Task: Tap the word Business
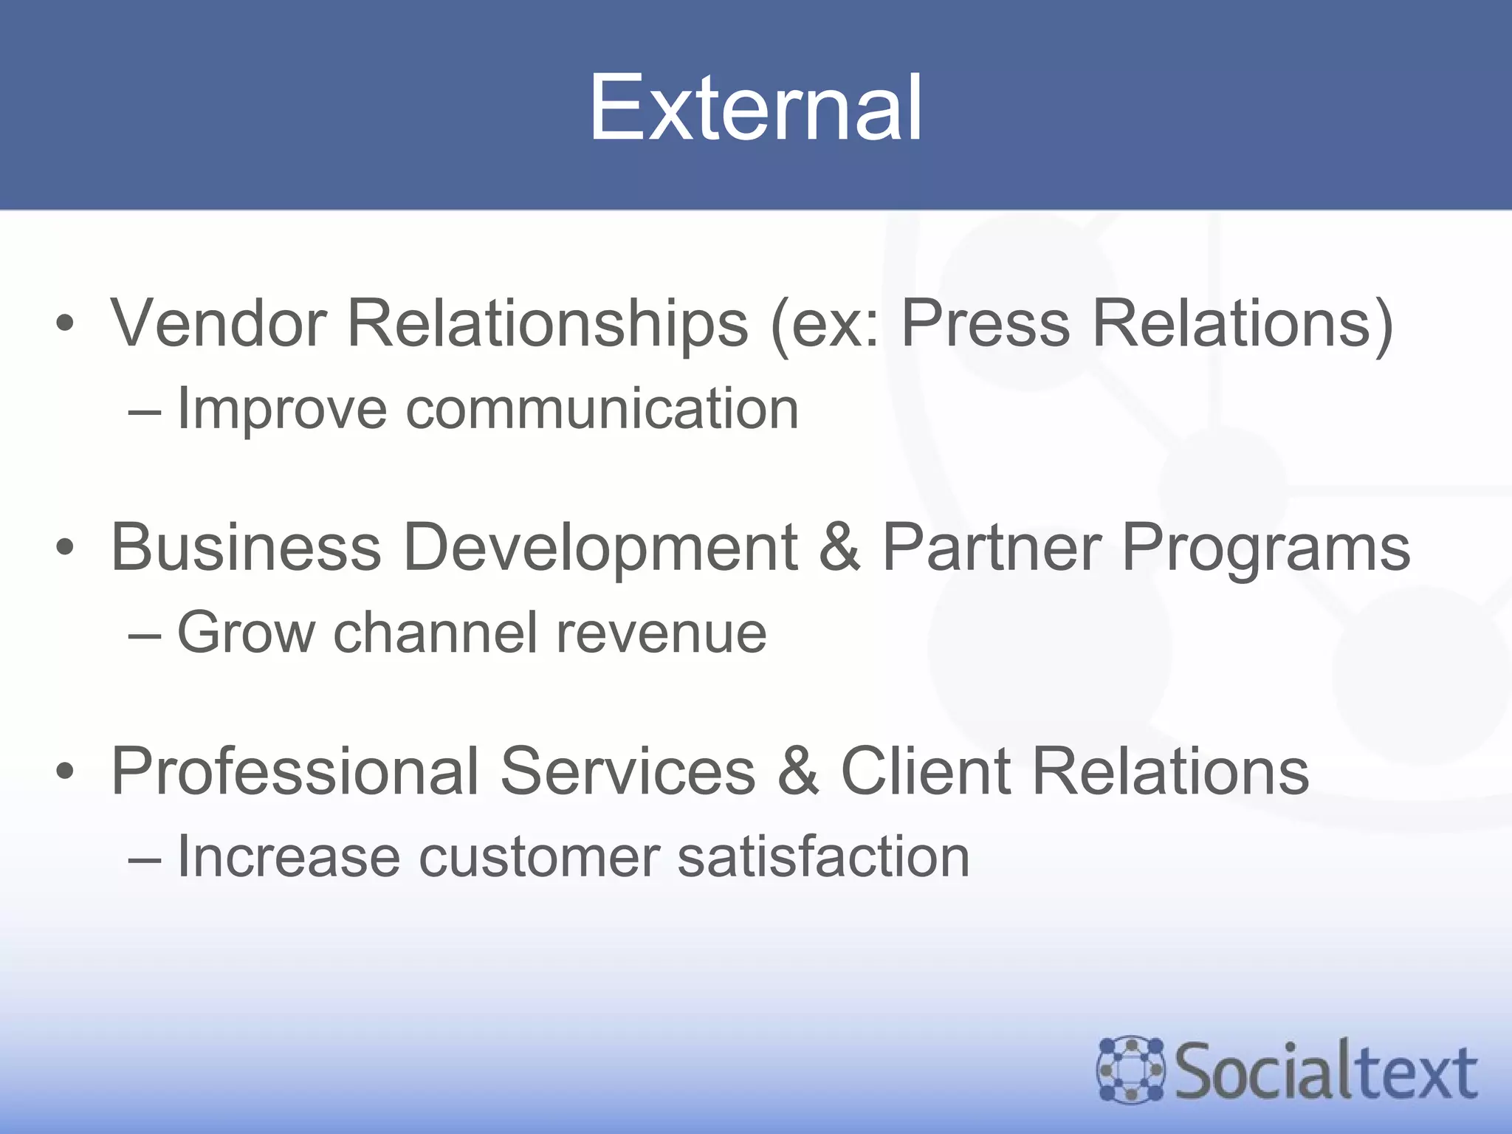(246, 547)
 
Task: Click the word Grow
(246, 633)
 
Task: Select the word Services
(628, 771)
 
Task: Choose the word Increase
(288, 856)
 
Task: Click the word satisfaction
(823, 856)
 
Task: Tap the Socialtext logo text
(1326, 1071)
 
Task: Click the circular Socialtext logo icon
(1130, 1070)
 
